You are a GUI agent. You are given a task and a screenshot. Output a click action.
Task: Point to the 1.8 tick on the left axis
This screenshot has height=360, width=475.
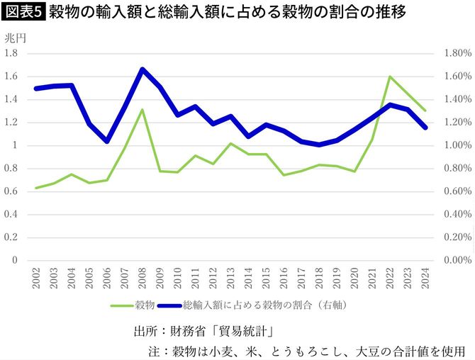[12, 53]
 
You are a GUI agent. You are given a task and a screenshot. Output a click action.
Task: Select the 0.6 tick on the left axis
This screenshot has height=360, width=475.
[12, 191]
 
